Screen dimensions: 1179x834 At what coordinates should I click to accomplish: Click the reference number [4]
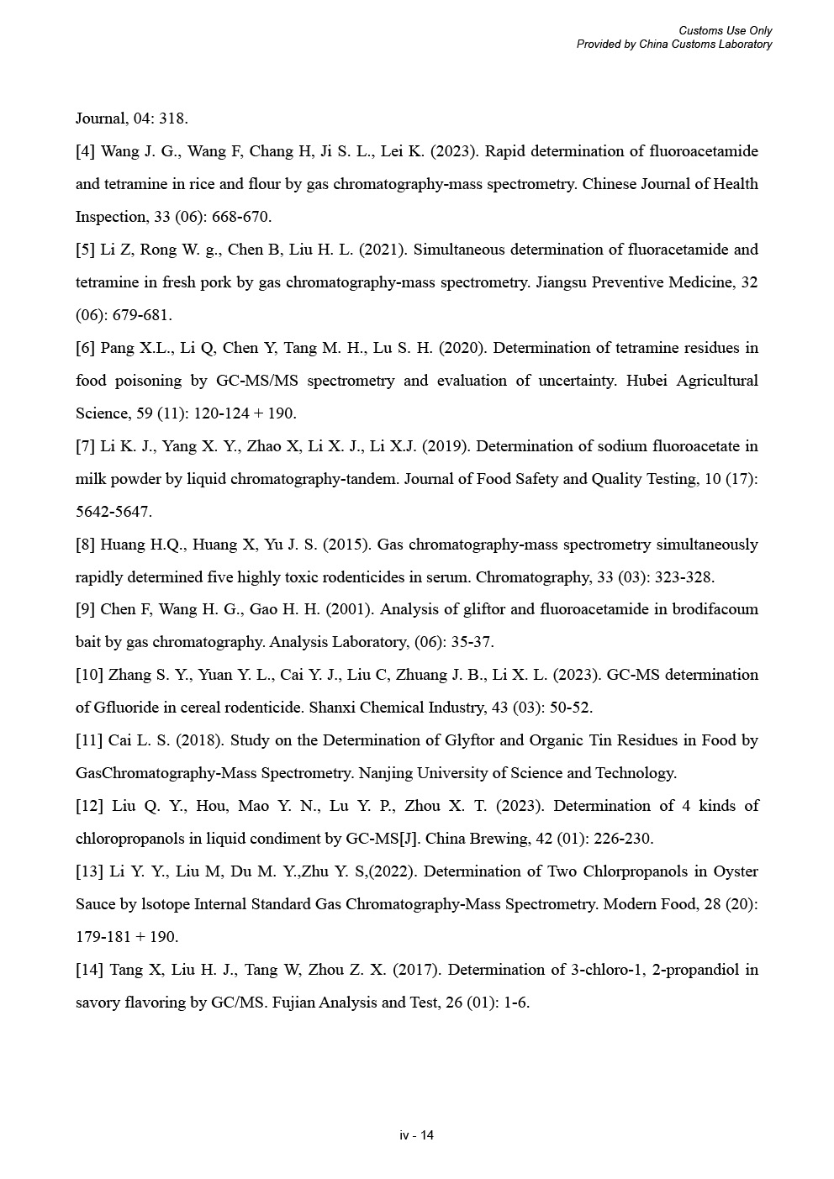85,151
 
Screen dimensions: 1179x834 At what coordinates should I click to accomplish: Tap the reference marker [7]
85,446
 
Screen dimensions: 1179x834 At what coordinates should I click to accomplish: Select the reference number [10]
89,675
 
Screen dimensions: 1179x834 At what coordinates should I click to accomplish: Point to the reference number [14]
89,970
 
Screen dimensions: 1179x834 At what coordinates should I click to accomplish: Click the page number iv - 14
417,1135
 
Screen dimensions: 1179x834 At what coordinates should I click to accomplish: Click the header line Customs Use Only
725,31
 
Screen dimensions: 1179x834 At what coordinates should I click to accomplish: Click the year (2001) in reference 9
342,609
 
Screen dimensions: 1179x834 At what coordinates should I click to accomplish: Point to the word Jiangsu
562,282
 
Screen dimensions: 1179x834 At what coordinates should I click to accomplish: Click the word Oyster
736,871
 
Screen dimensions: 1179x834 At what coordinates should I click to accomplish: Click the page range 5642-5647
113,512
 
